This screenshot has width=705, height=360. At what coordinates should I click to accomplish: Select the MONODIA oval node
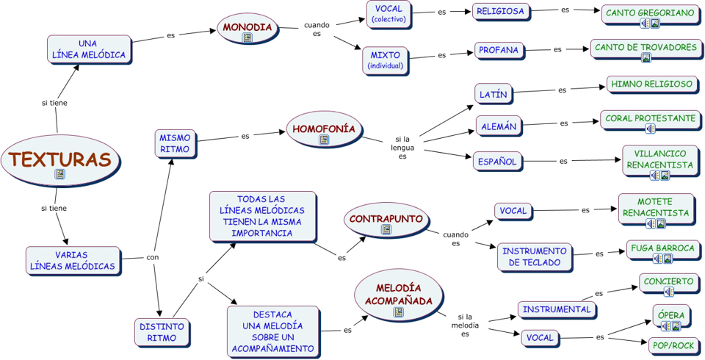coord(247,29)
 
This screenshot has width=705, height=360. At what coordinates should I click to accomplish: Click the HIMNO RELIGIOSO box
coord(651,84)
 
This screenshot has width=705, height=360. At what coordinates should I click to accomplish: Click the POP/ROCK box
coord(672,345)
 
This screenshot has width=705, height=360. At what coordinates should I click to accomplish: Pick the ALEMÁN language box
coord(499,126)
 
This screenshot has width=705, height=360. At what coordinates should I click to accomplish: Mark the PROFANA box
coord(499,51)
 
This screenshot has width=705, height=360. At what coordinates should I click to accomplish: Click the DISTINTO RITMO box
coord(162,332)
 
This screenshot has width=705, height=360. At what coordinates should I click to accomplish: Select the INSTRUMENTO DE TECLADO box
coord(534,257)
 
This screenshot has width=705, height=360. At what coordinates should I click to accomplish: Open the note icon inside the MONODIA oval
coord(247,37)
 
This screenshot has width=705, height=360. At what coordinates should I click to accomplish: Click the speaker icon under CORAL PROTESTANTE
coord(650,129)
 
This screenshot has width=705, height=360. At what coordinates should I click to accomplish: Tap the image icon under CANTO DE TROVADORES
coord(646,58)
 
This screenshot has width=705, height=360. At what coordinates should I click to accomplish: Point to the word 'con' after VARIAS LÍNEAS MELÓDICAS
coord(153,257)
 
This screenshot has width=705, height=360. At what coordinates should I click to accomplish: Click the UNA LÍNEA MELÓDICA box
coord(88,49)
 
